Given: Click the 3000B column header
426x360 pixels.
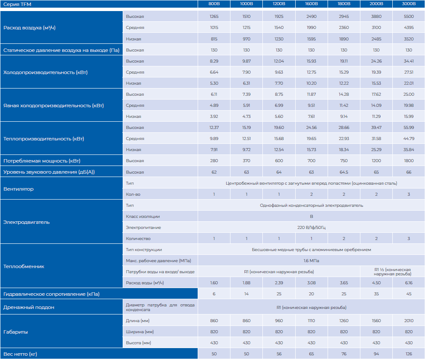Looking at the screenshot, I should tap(409, 4).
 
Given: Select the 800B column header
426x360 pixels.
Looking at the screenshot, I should tap(214, 4).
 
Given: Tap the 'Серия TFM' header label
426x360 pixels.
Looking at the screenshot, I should tap(14, 4).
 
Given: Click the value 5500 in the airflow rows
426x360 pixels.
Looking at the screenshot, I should tap(409, 17).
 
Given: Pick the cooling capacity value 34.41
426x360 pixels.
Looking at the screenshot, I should tap(409, 61).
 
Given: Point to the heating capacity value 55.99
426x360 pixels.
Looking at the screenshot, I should tap(409, 128).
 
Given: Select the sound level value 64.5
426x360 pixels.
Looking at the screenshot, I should tap(344, 172).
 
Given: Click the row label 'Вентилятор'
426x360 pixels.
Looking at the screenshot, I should tap(18, 189).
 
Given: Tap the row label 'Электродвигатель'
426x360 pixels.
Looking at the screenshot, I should tap(26, 222).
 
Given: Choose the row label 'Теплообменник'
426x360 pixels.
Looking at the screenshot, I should tap(24, 266).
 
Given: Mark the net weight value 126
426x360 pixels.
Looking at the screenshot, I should tap(409, 354).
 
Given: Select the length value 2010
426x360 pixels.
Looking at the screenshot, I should tap(409, 321).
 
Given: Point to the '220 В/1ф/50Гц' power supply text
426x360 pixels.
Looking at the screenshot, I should tap(311, 228).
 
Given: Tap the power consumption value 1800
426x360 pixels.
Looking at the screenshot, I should tap(409, 161).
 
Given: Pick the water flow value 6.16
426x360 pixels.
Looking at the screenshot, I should tap(409, 283).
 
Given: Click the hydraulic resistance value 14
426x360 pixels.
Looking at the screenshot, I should tap(246, 294).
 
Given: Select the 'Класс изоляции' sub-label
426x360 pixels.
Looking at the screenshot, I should tap(143, 217).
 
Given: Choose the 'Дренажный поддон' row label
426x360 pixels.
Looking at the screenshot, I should tap(29, 307).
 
